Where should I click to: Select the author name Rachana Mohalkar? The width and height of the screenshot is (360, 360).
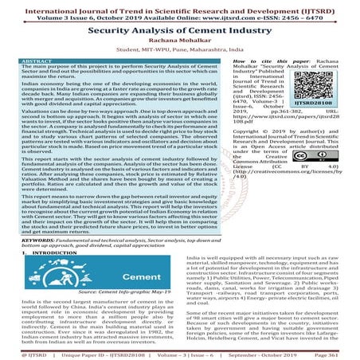coord(179,42)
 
